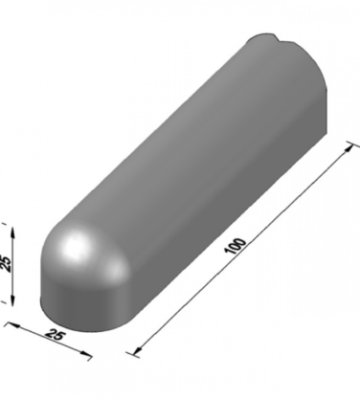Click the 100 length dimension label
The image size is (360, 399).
click(x=236, y=246)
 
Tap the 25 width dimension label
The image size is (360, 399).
click(x=56, y=336)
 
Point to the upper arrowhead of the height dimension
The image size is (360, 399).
click(x=12, y=232)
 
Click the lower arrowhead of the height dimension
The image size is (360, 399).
click(x=12, y=299)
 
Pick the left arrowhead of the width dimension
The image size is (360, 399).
click(x=13, y=325)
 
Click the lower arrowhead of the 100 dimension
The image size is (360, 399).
click(x=138, y=350)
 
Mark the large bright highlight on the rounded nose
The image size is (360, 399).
click(x=74, y=245)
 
